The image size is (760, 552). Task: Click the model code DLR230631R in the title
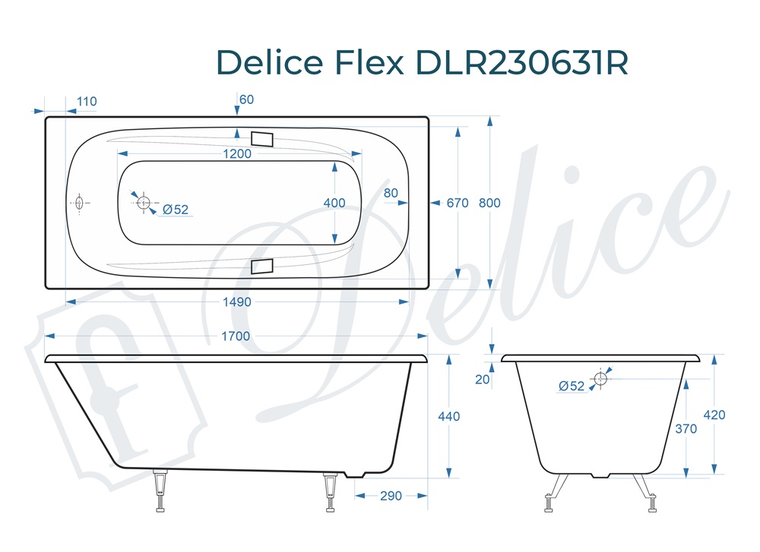tap(523, 63)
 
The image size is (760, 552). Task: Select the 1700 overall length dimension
tap(236, 336)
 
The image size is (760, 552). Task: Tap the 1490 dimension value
tap(236, 302)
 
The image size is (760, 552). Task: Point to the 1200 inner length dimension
tap(236, 154)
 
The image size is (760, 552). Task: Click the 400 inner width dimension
tap(334, 203)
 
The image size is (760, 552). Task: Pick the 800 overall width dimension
tap(490, 203)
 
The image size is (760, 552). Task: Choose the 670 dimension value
tap(458, 203)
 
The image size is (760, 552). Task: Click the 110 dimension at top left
tap(87, 102)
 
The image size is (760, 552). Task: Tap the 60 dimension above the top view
tap(246, 99)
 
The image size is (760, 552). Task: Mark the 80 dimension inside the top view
tap(391, 193)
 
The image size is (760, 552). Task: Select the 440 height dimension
tap(449, 416)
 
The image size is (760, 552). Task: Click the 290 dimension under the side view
tap(391, 496)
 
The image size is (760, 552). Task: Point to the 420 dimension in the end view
tap(714, 415)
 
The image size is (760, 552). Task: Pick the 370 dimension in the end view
tap(686, 428)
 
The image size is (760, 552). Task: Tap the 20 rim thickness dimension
tap(483, 380)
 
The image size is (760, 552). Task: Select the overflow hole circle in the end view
tap(601, 378)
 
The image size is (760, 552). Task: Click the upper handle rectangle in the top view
tap(262, 139)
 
